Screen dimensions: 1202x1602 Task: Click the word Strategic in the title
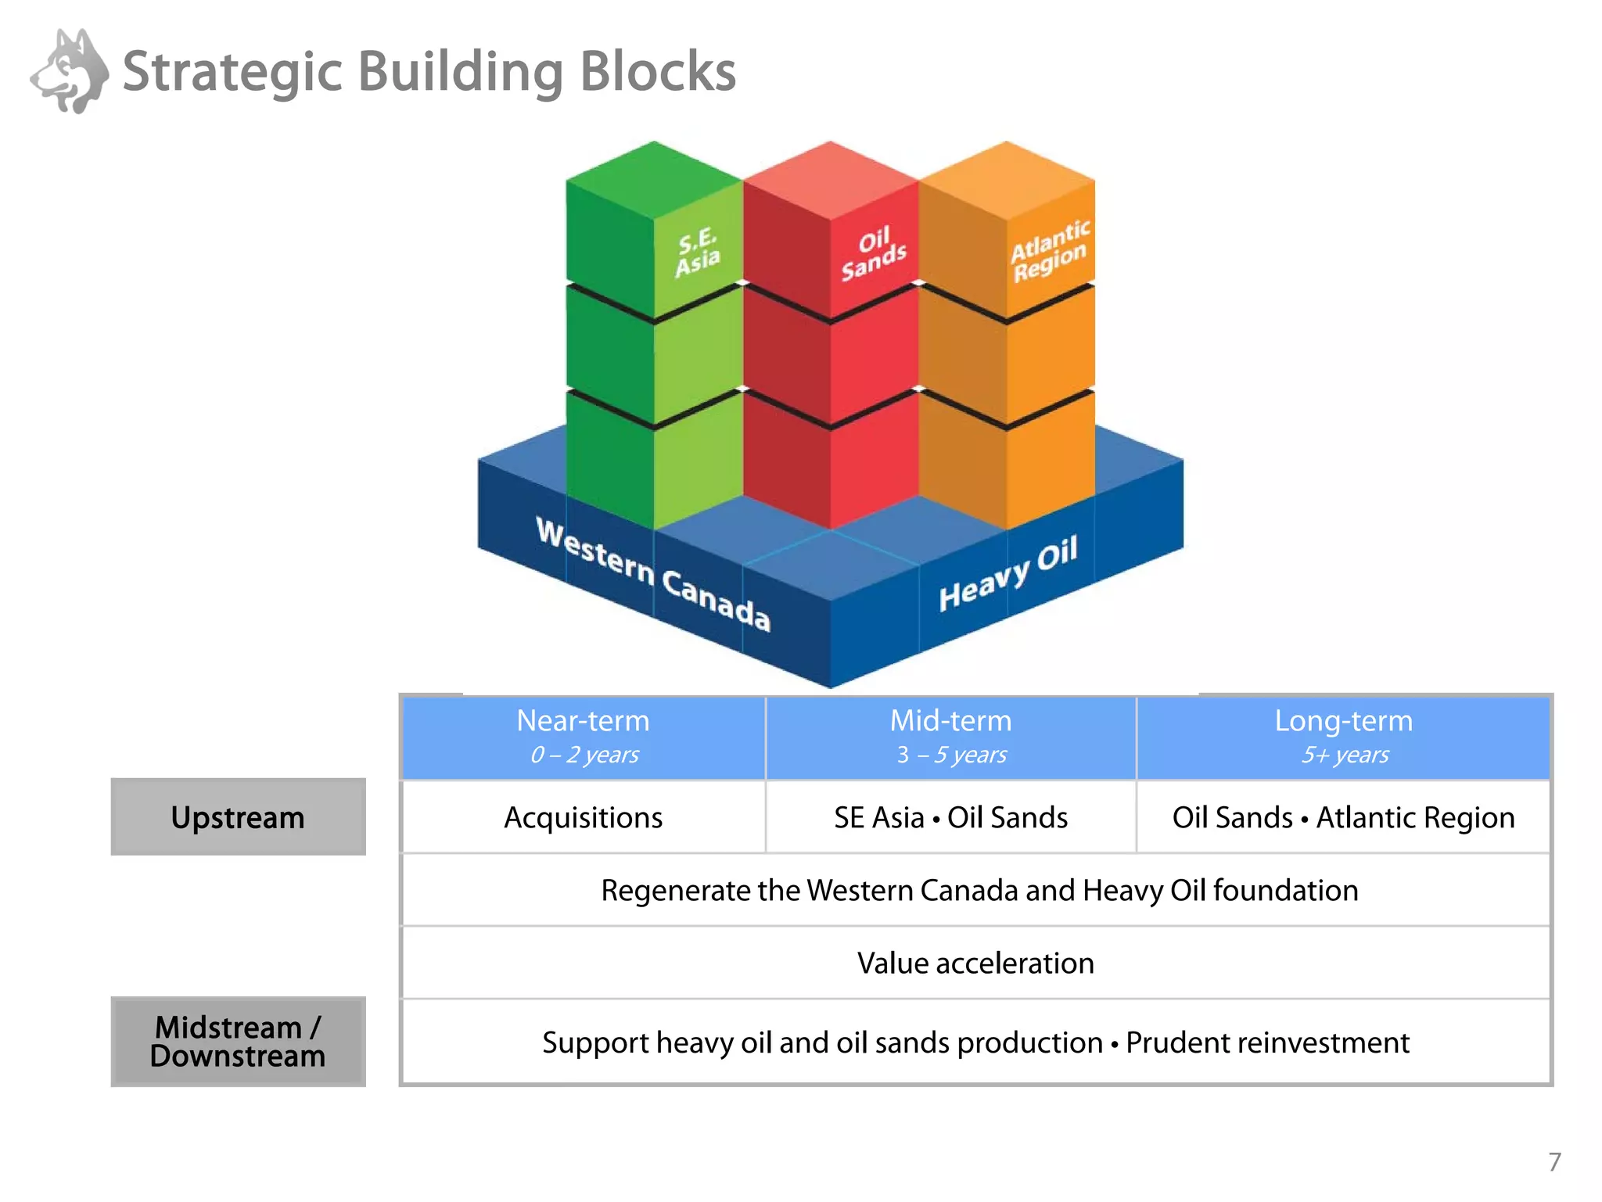tap(232, 72)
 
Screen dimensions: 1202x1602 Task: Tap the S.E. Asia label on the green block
tap(697, 252)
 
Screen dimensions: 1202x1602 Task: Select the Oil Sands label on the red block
tap(873, 253)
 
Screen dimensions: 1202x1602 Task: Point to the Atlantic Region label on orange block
tap(1049, 250)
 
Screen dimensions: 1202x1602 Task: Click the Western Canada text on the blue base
tap(653, 574)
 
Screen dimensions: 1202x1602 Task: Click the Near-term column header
tap(583, 721)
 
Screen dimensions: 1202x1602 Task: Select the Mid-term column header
tap(950, 721)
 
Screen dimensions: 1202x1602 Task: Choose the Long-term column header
tap(1343, 721)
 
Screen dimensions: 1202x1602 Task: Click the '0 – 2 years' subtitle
tap(584, 755)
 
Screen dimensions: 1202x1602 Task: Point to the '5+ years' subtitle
tap(1344, 755)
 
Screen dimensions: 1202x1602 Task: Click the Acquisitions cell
tap(583, 818)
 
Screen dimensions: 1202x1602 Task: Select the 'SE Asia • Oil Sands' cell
tap(950, 818)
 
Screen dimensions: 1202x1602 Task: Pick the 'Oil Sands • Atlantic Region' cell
tap(1343, 818)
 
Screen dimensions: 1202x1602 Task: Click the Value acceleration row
tap(975, 963)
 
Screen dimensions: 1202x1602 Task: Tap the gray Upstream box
tap(238, 817)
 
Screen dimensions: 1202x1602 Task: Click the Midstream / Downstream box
tap(238, 1042)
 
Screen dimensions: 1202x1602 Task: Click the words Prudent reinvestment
tap(1267, 1043)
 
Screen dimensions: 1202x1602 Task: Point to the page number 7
tap(1554, 1161)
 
